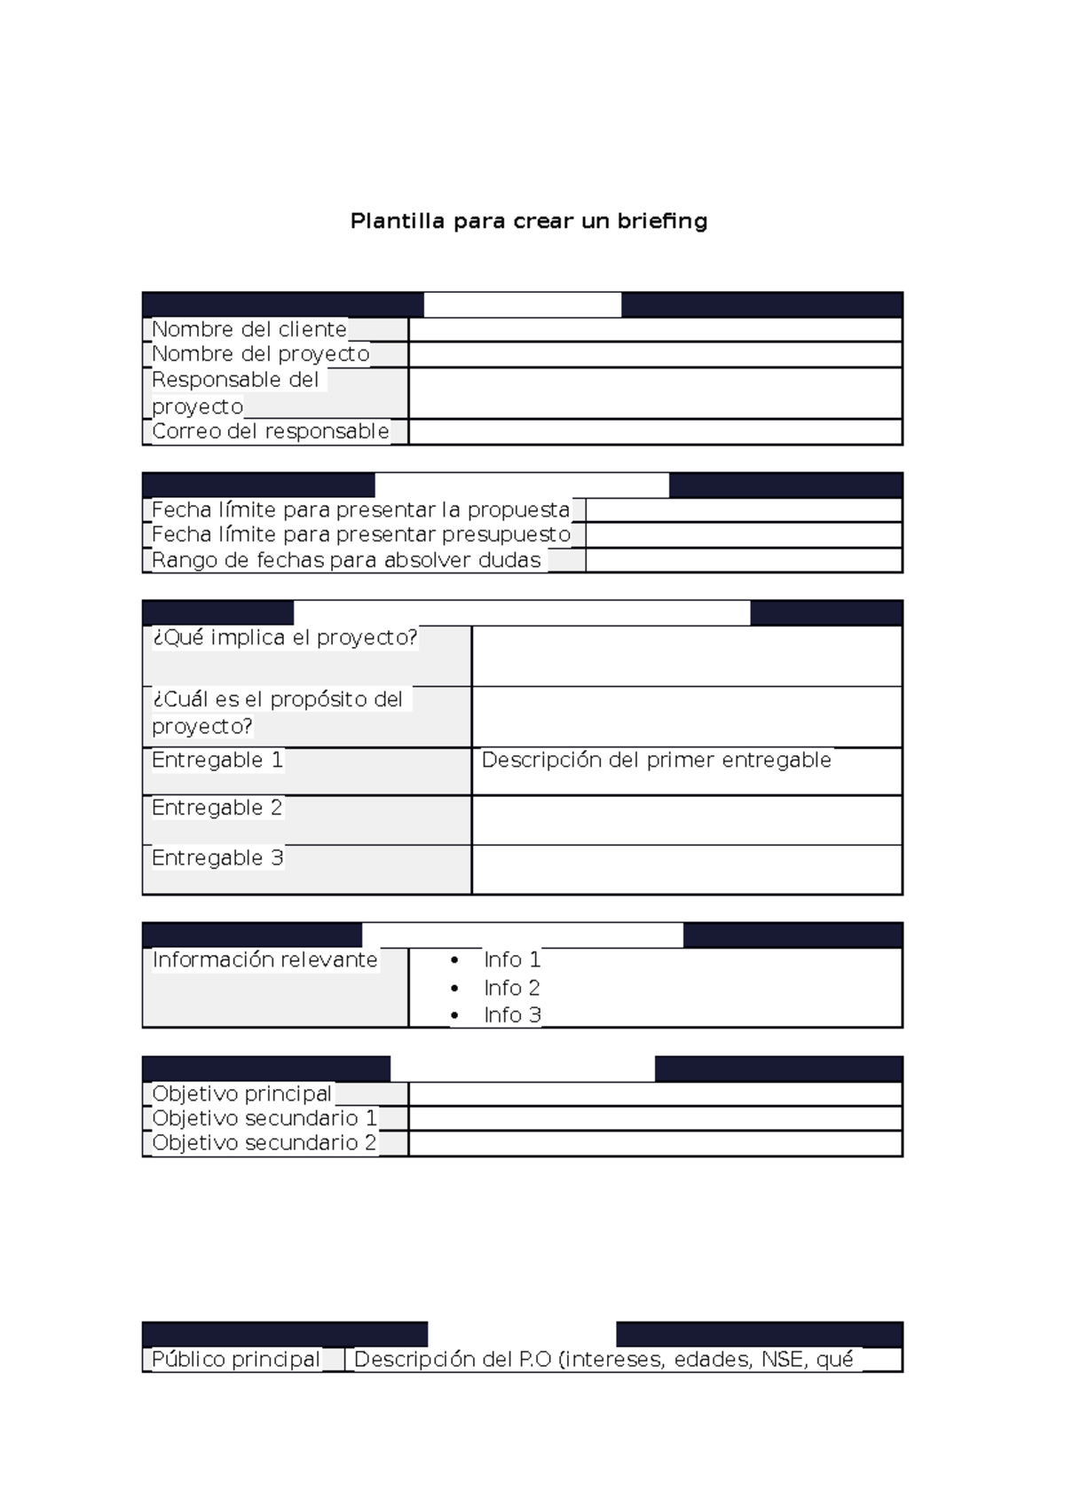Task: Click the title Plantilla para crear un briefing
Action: coord(529,221)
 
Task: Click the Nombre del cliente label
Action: coord(249,329)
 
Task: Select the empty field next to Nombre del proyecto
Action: coord(655,354)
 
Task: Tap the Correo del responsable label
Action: coord(271,431)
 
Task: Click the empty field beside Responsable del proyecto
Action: coord(655,393)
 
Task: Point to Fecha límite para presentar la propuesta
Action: coord(360,509)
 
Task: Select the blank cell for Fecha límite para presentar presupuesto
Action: coord(744,534)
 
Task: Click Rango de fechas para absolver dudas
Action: coord(346,560)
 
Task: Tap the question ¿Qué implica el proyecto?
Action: coord(284,637)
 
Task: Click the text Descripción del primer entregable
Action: coord(656,760)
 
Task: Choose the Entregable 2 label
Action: coord(217,808)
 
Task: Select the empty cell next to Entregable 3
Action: coord(686,869)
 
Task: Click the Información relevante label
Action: coord(264,959)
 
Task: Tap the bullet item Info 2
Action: coord(511,988)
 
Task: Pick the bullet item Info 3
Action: coord(512,1014)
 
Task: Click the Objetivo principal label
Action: coord(241,1093)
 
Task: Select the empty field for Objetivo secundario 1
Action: coord(655,1118)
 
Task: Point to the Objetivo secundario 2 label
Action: coord(264,1143)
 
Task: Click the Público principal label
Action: coord(236,1359)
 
